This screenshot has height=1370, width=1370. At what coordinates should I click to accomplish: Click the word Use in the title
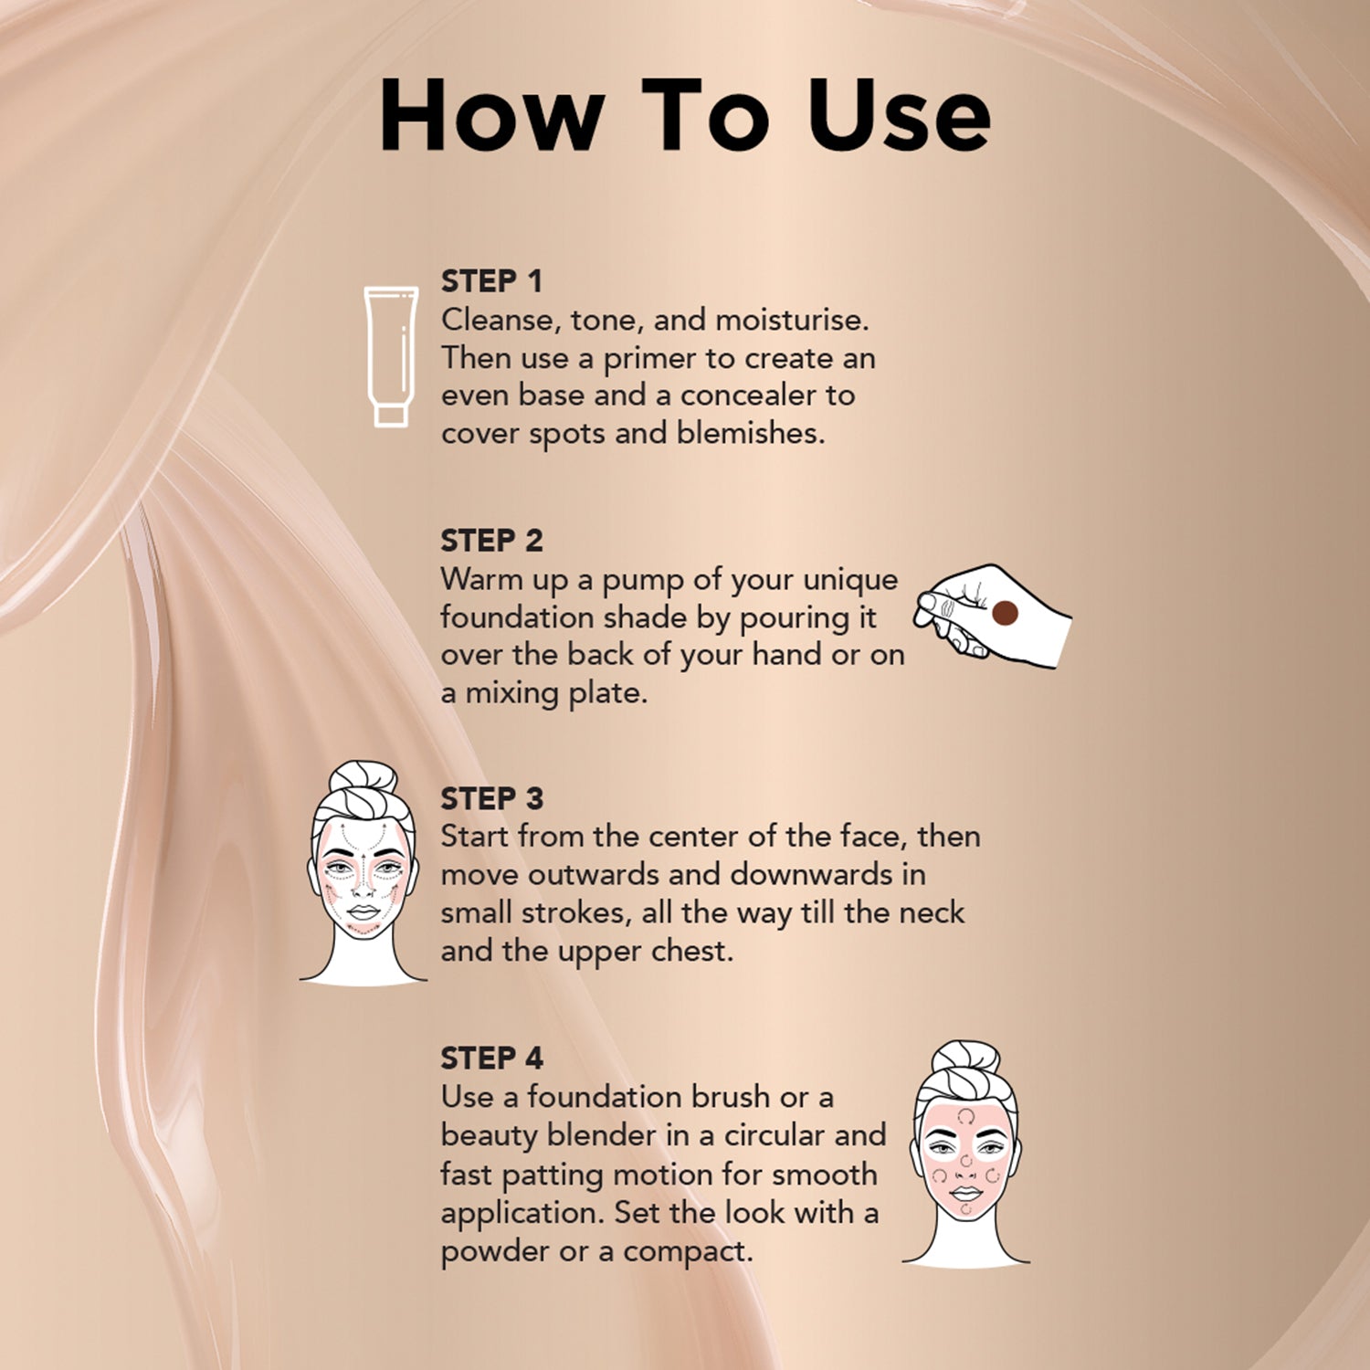(899, 115)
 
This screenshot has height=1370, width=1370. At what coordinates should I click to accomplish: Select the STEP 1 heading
(491, 281)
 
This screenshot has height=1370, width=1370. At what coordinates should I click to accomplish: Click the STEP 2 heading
(491, 541)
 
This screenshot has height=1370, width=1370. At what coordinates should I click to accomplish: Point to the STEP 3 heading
(491, 799)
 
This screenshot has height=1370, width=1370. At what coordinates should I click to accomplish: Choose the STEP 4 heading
(491, 1059)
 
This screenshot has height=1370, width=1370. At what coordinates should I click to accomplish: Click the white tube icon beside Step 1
(391, 356)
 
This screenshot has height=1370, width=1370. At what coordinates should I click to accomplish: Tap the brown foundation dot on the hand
(1005, 613)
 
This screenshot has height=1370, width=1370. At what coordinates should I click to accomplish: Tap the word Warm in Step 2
(481, 579)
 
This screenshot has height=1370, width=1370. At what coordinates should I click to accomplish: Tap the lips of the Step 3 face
(364, 912)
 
